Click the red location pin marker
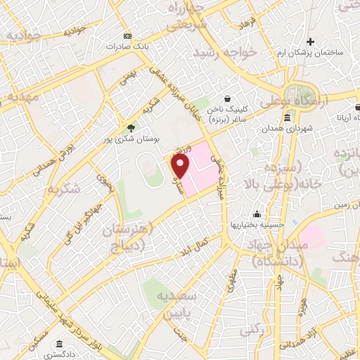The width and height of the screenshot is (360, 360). tap(181, 168)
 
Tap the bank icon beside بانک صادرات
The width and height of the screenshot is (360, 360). tap(127, 36)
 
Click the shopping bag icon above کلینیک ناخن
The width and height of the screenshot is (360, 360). tap(227, 100)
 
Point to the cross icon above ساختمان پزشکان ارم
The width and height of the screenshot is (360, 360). tap(310, 41)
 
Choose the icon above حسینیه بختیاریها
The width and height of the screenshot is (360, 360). tap(258, 214)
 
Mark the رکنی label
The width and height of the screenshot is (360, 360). tap(250, 328)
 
